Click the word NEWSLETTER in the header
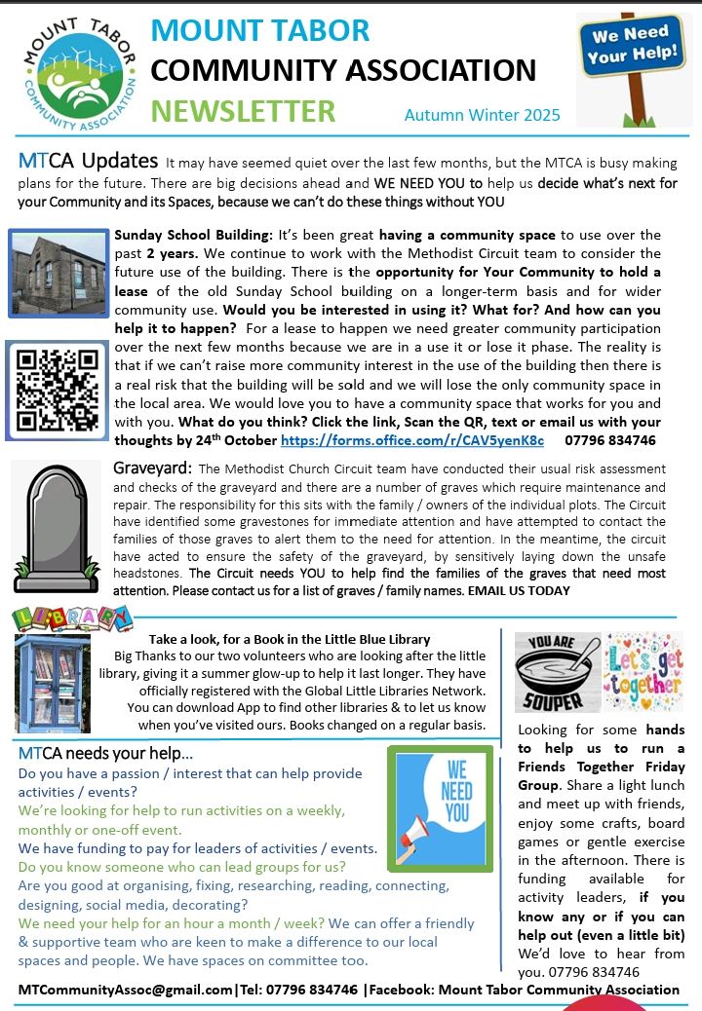244,111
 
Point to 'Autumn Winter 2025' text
482,115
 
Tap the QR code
56,387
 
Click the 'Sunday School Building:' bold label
194,236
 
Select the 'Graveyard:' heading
153,468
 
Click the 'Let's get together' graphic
643,673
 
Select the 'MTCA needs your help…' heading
105,755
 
